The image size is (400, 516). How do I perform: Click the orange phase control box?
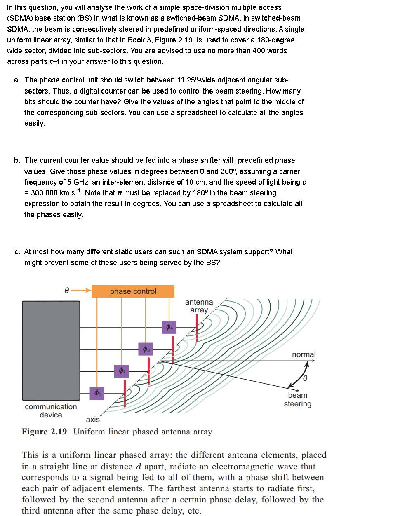tap(133, 291)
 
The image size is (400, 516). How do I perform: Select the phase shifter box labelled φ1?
tap(96, 393)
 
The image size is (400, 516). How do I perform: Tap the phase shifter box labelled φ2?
tap(121, 371)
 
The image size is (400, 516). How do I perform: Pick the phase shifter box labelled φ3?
tap(146, 349)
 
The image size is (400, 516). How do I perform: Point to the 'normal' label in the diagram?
tap(304, 354)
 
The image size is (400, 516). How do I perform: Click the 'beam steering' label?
tap(297, 399)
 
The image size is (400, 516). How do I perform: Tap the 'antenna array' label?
tap(199, 306)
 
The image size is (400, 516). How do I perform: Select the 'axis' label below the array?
tap(93, 420)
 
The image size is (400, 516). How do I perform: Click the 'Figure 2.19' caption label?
tap(44, 432)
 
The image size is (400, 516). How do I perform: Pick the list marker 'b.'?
tap(17, 160)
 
